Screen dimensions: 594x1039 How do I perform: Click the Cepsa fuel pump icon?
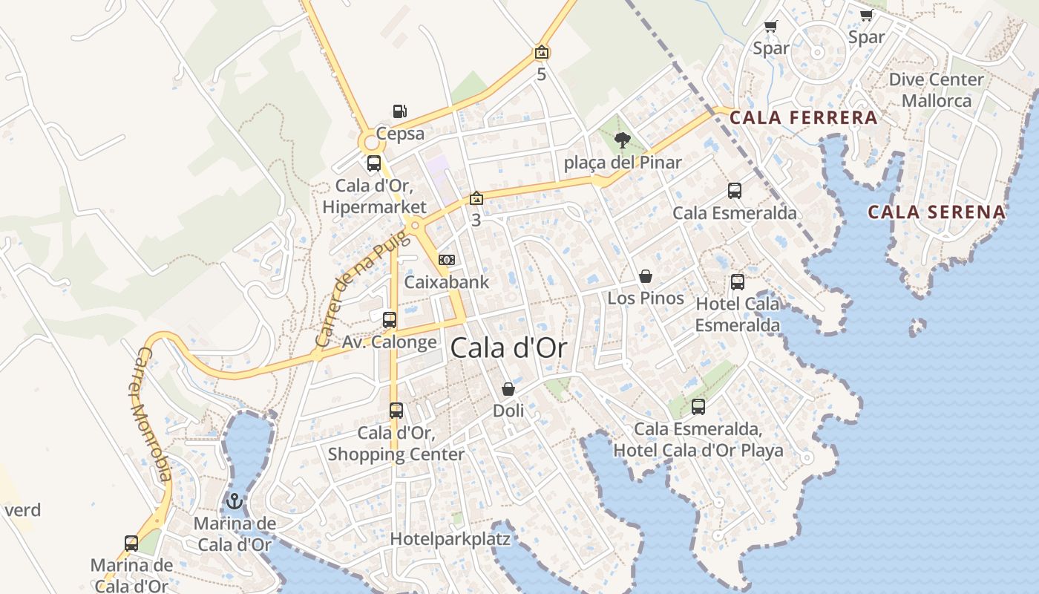pyautogui.click(x=399, y=111)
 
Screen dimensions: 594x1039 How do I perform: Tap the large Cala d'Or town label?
pyautogui.click(x=508, y=347)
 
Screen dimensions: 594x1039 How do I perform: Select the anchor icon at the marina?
pyautogui.click(x=235, y=501)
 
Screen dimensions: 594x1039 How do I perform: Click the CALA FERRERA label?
pyautogui.click(x=804, y=117)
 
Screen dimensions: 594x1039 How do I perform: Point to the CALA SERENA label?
pyautogui.click(x=937, y=212)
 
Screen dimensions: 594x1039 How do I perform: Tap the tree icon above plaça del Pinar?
pyautogui.click(x=623, y=139)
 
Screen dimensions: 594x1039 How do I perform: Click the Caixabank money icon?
pyautogui.click(x=447, y=259)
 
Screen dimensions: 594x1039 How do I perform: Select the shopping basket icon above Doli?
pyautogui.click(x=508, y=388)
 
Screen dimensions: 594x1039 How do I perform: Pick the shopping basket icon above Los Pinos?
pyautogui.click(x=646, y=276)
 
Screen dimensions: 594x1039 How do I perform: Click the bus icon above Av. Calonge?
pyautogui.click(x=390, y=320)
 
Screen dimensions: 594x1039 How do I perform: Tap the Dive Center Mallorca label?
pyautogui.click(x=937, y=90)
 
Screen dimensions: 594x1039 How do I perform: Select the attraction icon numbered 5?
pyautogui.click(x=542, y=52)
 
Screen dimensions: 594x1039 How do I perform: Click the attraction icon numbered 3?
pyautogui.click(x=476, y=198)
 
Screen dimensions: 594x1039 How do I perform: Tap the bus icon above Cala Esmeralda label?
pyautogui.click(x=735, y=191)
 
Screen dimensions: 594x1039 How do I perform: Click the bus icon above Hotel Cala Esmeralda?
pyautogui.click(x=737, y=282)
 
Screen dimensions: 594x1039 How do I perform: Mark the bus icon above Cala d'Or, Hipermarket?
pyautogui.click(x=374, y=163)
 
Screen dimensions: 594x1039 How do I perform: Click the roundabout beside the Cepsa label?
pyautogui.click(x=370, y=141)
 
